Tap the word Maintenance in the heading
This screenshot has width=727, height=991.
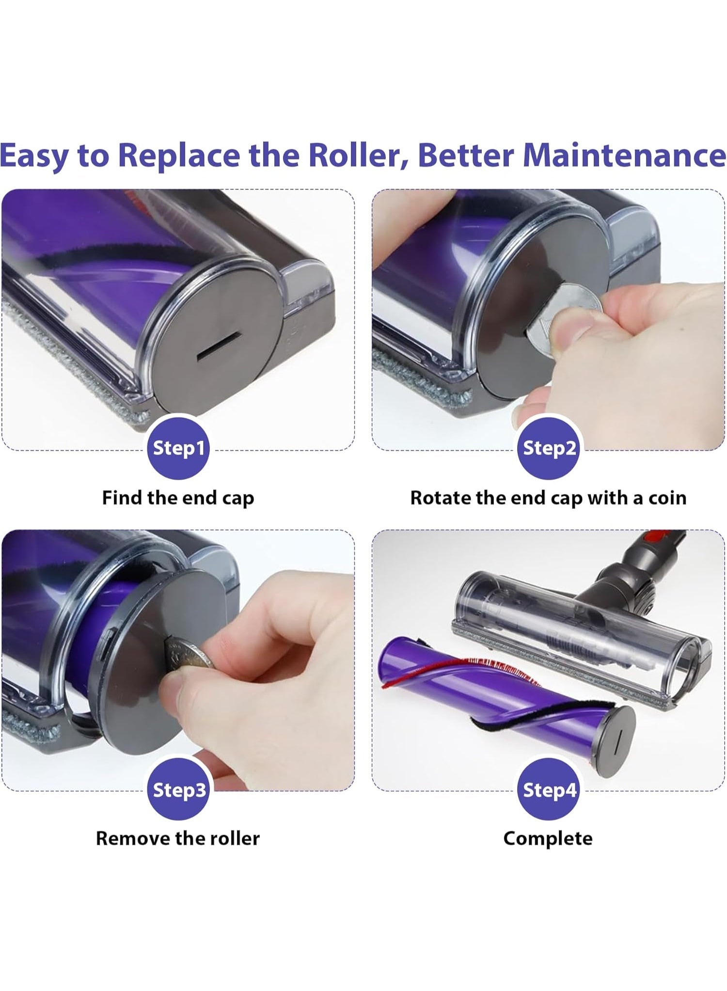tap(625, 155)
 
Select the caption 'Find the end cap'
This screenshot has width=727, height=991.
tap(178, 498)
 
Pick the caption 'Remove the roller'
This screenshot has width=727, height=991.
tap(178, 838)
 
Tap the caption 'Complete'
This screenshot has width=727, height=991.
tap(548, 839)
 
